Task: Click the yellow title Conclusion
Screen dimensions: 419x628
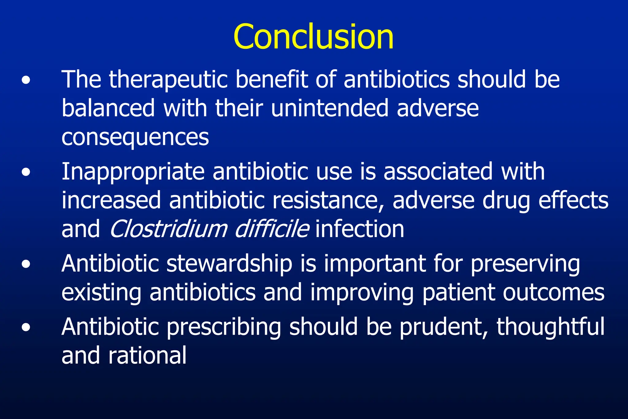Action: pyautogui.click(x=313, y=37)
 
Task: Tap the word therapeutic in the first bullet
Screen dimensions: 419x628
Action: pyautogui.click(x=168, y=79)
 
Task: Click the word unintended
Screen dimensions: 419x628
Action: pyautogui.click(x=329, y=108)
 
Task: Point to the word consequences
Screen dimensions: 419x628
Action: pyautogui.click(x=135, y=137)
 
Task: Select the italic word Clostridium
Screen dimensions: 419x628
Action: pyautogui.click(x=168, y=229)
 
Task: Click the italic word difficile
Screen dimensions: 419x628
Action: pyautogui.click(x=272, y=229)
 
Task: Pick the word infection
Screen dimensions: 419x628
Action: pyautogui.click(x=360, y=229)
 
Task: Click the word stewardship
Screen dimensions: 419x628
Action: pyautogui.click(x=229, y=264)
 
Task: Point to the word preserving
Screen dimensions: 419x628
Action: pyautogui.click(x=525, y=264)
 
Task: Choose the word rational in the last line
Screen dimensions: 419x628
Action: pyautogui.click(x=147, y=356)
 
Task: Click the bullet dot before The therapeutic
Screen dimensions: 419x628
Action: pyautogui.click(x=26, y=80)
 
